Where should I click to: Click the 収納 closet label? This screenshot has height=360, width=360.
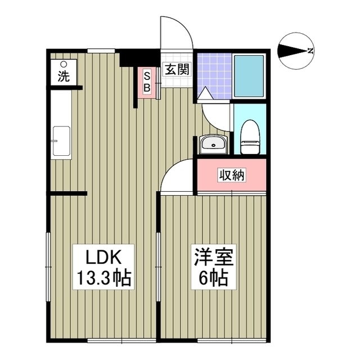click(x=231, y=175)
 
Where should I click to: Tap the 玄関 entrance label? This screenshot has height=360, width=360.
click(x=176, y=70)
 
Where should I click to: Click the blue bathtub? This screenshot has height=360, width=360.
click(x=249, y=76)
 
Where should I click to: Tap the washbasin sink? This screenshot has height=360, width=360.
click(x=213, y=144)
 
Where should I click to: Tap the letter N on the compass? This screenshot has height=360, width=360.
click(x=310, y=52)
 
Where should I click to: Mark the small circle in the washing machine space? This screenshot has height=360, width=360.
click(x=64, y=65)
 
